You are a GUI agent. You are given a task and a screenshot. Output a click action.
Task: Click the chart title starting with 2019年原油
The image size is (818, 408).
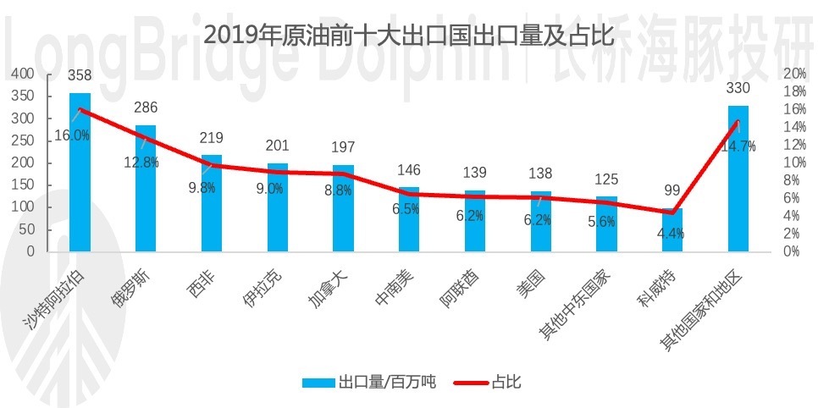click(408, 36)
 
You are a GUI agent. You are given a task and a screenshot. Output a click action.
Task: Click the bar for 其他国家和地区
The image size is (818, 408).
click(738, 179)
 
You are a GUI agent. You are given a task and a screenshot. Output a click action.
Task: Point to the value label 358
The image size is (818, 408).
click(80, 76)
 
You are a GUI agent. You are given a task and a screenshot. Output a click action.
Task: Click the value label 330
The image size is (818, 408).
click(738, 89)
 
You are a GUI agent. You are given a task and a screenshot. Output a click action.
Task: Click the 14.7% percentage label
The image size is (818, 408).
click(738, 146)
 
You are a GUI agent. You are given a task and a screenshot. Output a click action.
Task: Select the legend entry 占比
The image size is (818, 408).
click(506, 383)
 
